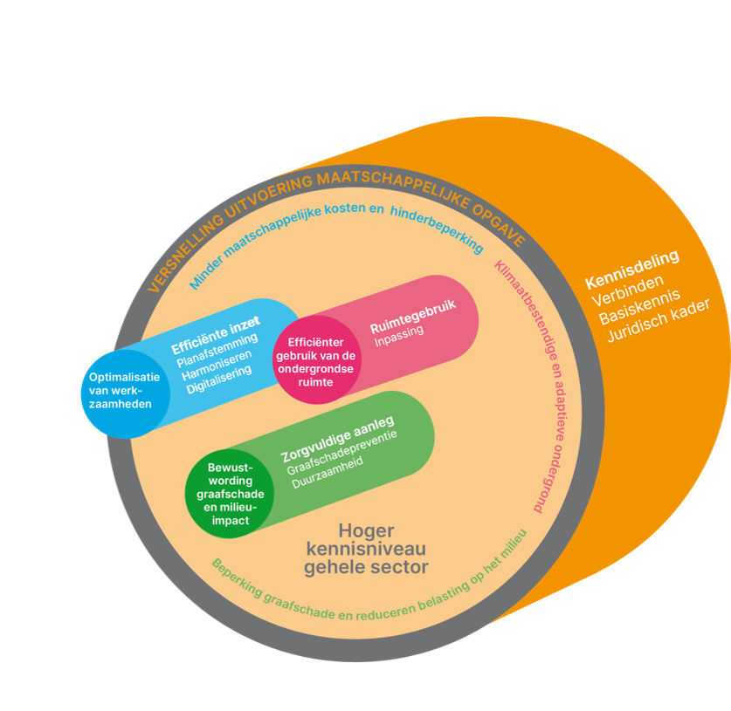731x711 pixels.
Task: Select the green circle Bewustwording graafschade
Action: tap(230, 494)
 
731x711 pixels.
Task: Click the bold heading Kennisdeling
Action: tap(631, 270)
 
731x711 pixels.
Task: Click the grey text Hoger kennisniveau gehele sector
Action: tap(366, 549)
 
